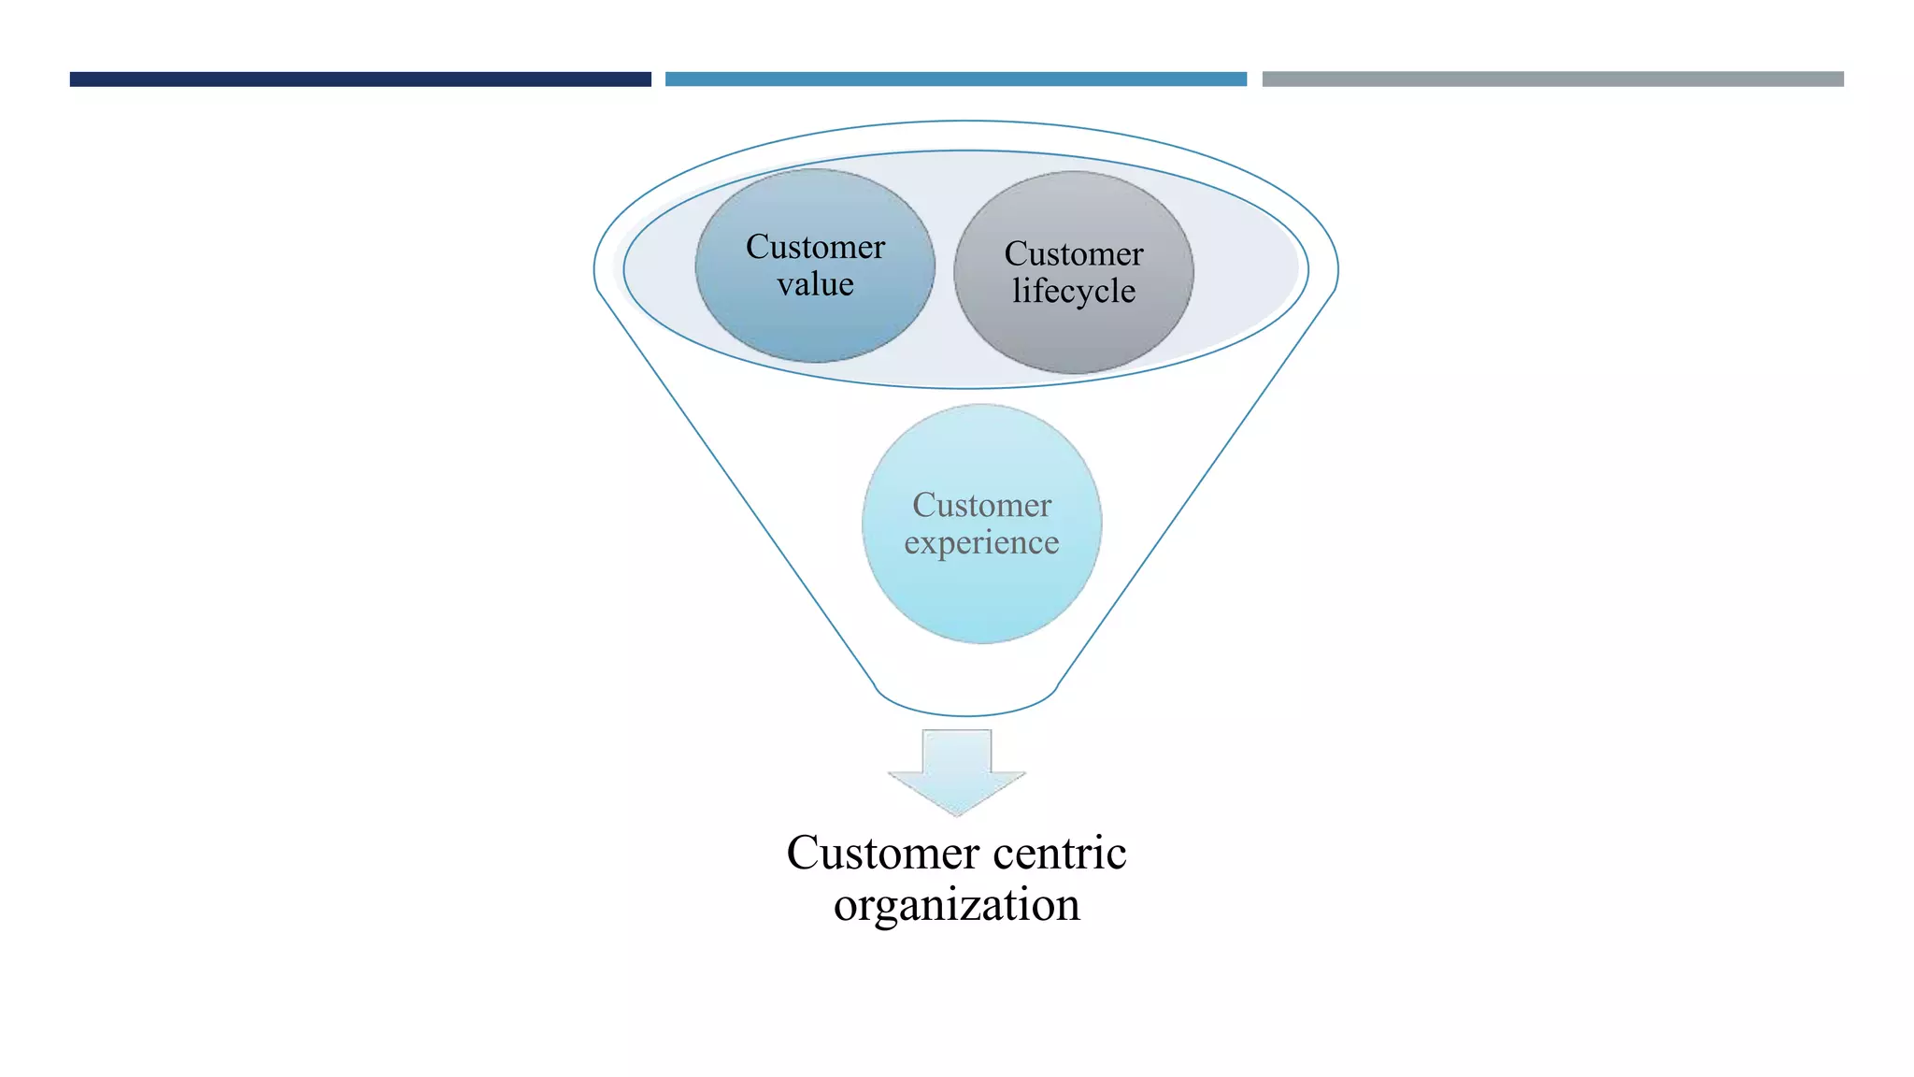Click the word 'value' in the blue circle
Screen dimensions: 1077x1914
pos(815,284)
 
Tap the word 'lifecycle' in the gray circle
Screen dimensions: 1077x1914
pos(1074,291)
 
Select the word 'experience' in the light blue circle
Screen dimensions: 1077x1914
pos(981,543)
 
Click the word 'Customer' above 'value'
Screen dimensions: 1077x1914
pos(815,247)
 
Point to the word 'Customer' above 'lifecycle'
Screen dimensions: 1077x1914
pos(1074,253)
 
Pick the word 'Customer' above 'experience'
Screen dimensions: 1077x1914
pos(981,506)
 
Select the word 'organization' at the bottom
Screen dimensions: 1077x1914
pos(957,905)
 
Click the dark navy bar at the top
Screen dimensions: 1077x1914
pos(360,79)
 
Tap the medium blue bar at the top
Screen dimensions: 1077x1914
pos(955,79)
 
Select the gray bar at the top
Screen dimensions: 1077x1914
pos(1552,79)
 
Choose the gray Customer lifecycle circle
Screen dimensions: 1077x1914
pos(1074,337)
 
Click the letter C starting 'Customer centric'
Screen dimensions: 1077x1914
pos(803,853)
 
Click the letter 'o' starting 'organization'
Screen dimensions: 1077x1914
pos(845,907)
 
